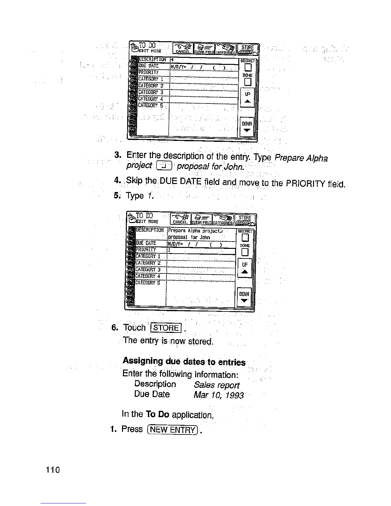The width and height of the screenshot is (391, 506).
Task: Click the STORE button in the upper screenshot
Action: pos(247,50)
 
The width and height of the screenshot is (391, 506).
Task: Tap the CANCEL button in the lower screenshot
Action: pos(180,219)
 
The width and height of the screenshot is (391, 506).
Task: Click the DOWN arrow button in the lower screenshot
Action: pos(245,297)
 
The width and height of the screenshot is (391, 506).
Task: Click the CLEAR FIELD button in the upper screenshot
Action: pos(204,50)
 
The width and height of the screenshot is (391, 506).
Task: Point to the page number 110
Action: pos(52,470)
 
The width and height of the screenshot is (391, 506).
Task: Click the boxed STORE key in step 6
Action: pos(166,328)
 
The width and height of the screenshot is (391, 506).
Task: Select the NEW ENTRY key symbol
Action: pos(172,430)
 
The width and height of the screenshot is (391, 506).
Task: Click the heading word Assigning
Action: pos(142,361)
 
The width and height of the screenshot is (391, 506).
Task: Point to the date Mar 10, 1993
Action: pos(218,395)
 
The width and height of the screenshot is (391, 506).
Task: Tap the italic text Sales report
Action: pos(216,385)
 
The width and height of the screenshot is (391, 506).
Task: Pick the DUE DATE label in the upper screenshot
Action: pos(149,66)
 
